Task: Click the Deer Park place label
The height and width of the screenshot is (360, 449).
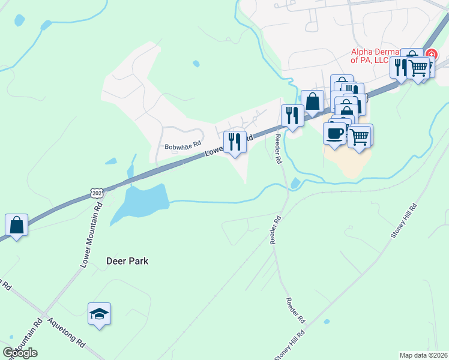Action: click(x=127, y=261)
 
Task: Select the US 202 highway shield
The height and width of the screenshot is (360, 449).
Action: click(x=98, y=192)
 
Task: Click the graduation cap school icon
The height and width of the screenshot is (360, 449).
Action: click(x=99, y=314)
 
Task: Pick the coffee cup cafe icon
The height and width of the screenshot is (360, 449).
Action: click(x=334, y=133)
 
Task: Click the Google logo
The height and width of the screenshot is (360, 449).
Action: click(x=20, y=352)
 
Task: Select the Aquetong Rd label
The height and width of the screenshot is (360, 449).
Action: click(x=66, y=333)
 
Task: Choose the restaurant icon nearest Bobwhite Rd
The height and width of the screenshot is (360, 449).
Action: click(x=235, y=142)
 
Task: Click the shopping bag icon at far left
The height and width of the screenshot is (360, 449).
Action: click(x=17, y=226)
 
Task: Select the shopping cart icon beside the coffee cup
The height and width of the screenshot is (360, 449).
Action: click(x=360, y=136)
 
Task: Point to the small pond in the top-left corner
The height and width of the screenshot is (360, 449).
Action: click(x=19, y=21)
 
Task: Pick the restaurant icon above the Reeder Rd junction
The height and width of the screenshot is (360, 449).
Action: click(x=292, y=115)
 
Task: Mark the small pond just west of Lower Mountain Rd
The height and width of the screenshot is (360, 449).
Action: click(x=111, y=161)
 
